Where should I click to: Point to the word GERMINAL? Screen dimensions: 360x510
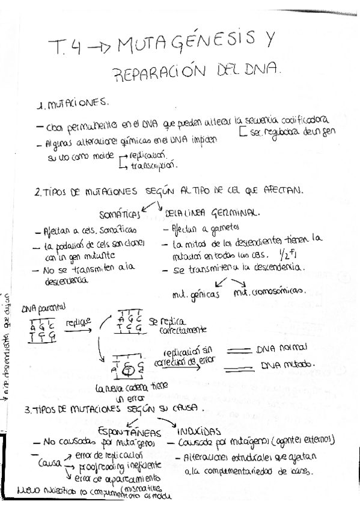(x=234, y=213)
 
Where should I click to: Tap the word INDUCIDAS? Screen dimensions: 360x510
(x=199, y=431)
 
